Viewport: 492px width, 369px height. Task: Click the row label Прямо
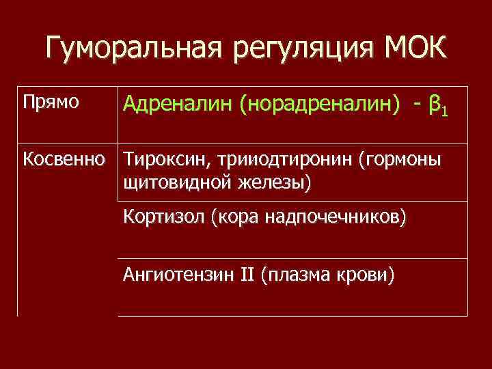[51, 102]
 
